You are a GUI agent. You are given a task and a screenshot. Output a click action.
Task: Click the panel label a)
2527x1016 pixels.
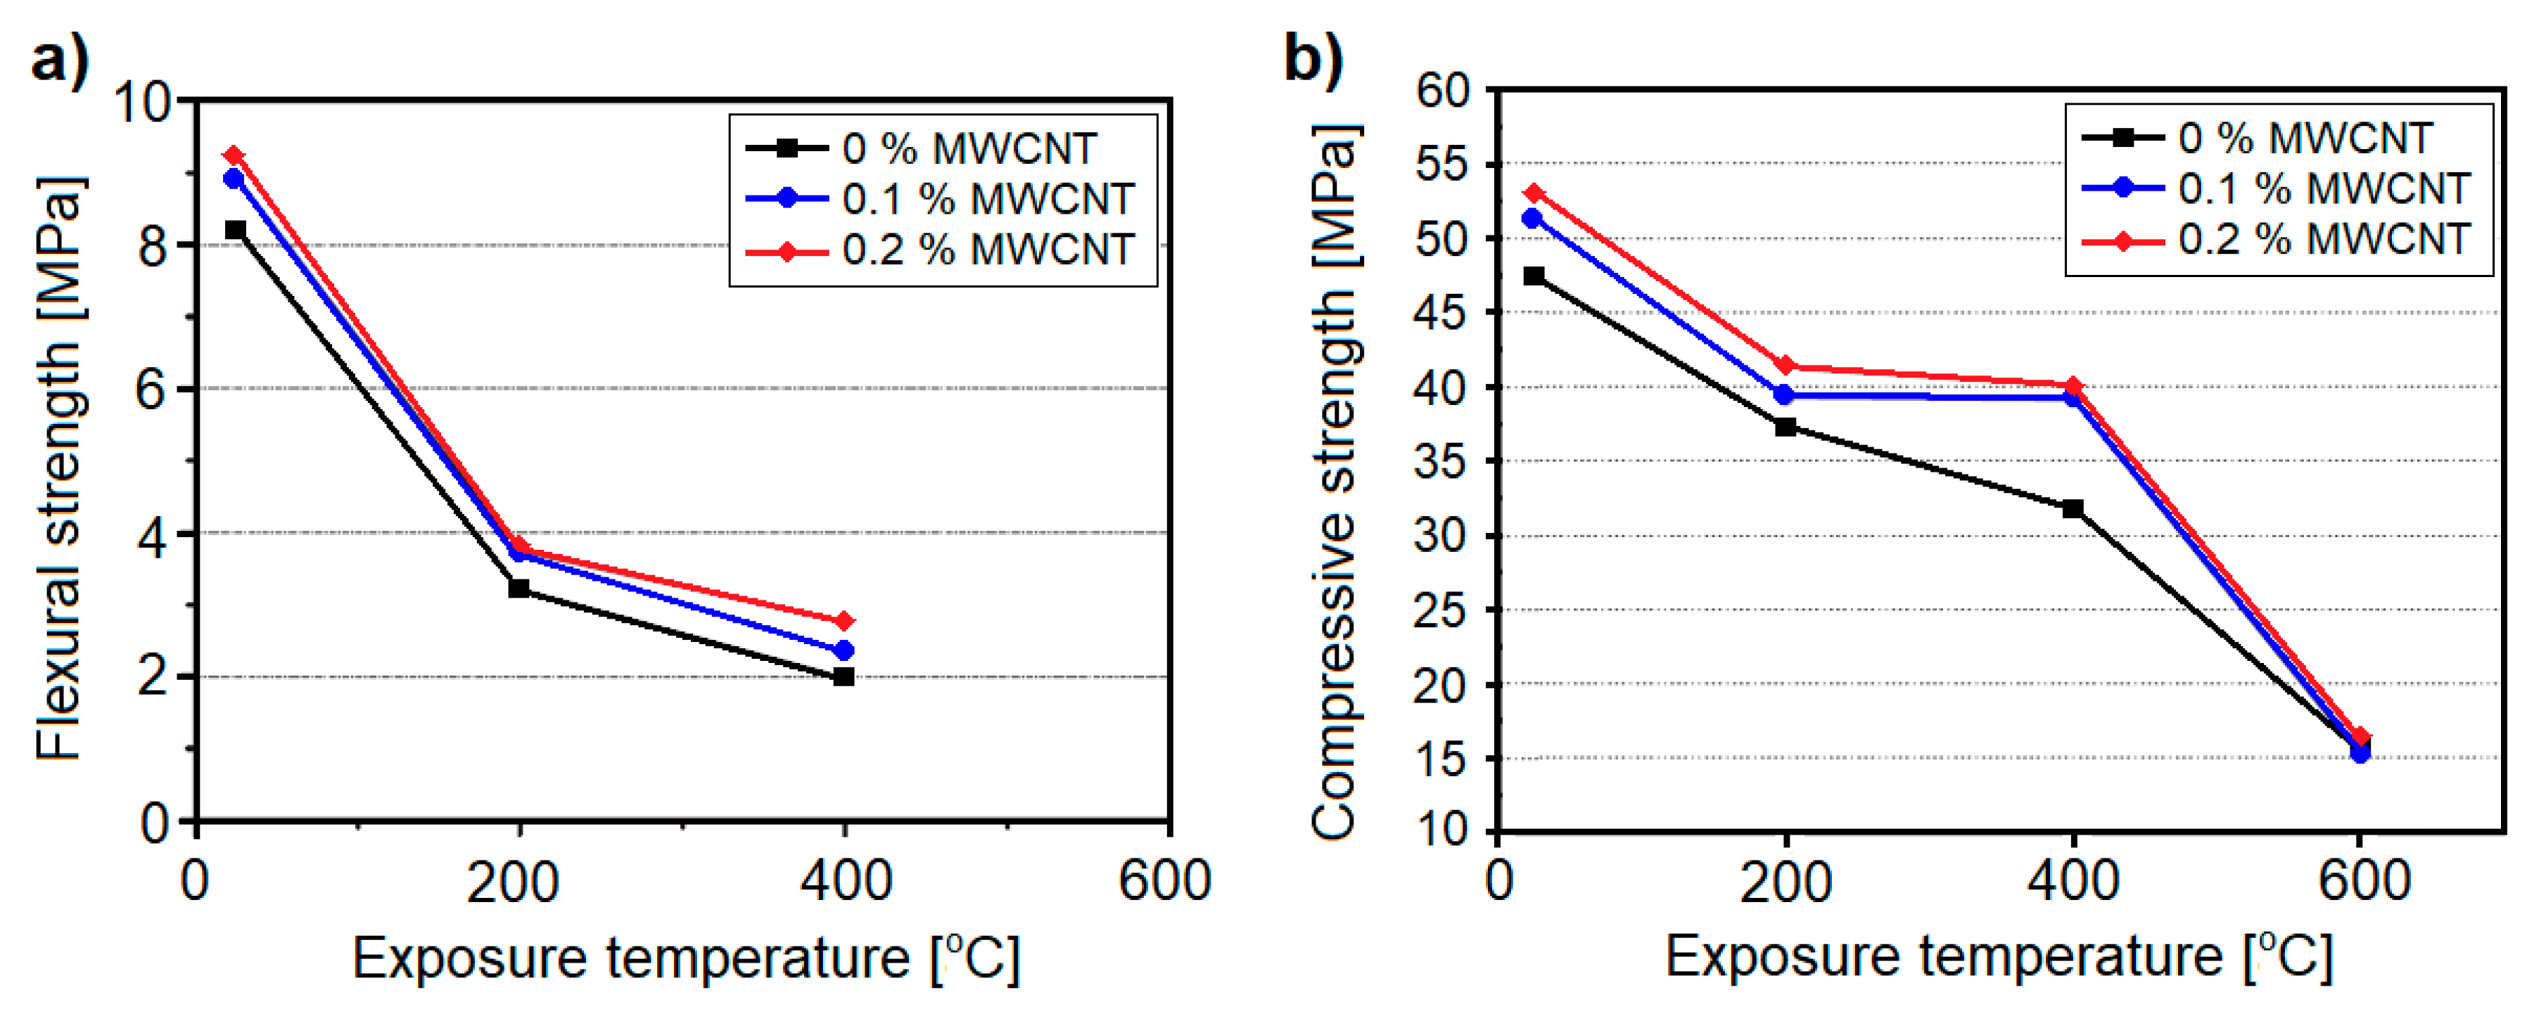[59, 60]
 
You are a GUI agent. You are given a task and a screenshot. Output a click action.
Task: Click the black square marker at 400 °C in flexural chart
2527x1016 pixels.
[844, 676]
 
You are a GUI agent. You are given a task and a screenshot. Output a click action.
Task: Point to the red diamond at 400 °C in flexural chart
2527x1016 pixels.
[844, 621]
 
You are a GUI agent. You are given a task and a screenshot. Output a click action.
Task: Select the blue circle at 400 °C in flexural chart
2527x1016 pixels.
[844, 650]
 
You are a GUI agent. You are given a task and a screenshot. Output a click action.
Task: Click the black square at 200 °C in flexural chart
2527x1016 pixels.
[519, 589]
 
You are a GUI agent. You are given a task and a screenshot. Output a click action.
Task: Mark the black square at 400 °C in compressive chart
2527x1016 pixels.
[2073, 508]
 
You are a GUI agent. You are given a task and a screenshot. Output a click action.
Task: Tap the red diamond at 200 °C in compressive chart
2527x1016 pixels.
[1786, 366]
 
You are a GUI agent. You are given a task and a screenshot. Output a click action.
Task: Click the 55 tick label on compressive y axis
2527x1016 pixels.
[1442, 164]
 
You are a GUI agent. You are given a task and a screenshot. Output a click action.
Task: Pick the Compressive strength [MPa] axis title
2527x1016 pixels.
[1334, 480]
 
